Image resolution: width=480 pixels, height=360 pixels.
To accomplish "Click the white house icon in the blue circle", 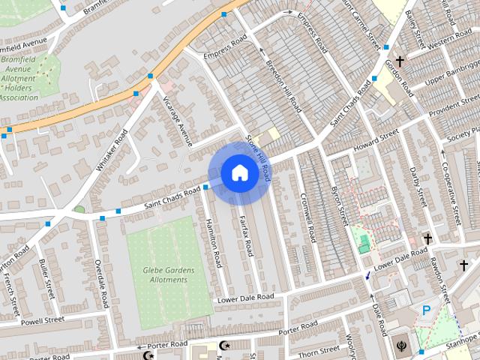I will [239, 172].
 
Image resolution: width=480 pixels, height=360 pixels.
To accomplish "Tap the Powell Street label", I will [42, 321].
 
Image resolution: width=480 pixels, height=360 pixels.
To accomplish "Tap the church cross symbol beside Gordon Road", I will [400, 61].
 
